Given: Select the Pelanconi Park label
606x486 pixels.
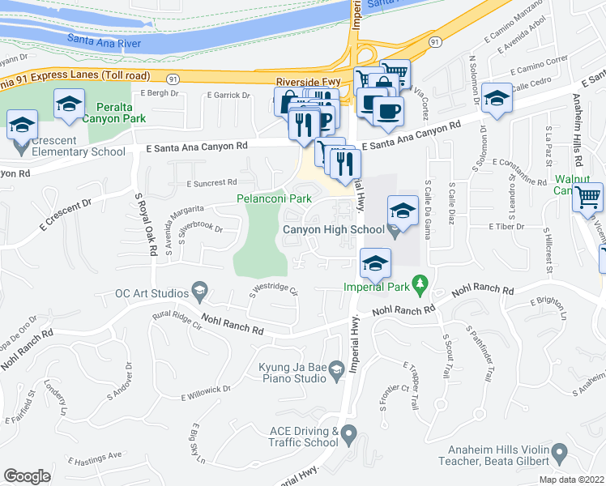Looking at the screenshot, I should (x=274, y=198).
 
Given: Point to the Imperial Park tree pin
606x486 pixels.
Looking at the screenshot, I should (x=420, y=283).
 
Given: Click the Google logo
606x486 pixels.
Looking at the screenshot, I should (x=27, y=476).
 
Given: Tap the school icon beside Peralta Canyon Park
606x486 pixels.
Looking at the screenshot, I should (x=70, y=104).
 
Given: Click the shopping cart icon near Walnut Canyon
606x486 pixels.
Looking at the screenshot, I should (x=587, y=198).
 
